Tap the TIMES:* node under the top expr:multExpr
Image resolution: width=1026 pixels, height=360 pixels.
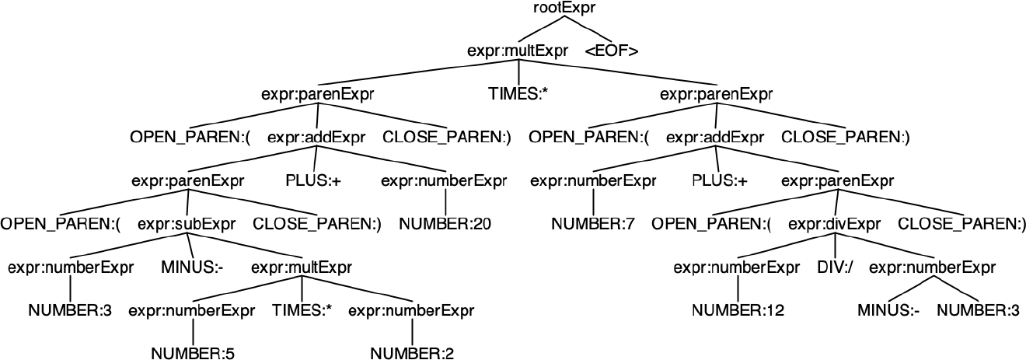(x=518, y=95)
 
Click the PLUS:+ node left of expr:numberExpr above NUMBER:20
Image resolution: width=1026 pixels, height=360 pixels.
(x=313, y=181)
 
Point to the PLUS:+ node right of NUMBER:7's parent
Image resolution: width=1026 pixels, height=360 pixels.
(x=720, y=181)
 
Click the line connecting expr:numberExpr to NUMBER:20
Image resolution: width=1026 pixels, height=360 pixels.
(x=445, y=203)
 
